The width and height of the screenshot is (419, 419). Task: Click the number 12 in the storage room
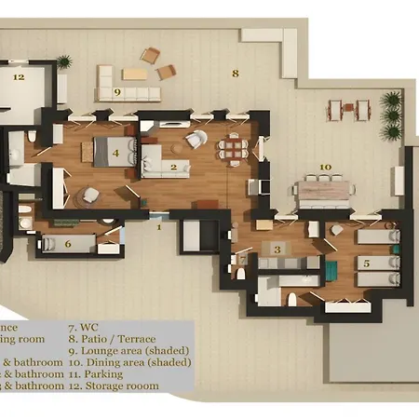(18, 77)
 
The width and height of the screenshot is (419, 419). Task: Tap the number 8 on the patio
(236, 72)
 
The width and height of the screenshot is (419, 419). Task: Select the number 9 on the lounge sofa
(117, 92)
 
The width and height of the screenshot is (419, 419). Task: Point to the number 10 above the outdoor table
(325, 169)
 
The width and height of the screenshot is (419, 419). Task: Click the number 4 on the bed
(115, 152)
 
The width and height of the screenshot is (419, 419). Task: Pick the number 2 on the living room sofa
(173, 168)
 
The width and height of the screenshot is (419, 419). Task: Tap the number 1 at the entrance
(158, 226)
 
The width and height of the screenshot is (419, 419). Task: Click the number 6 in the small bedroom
(68, 244)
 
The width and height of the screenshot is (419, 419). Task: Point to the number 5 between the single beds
(366, 264)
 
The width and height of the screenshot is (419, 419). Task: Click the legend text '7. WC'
(84, 328)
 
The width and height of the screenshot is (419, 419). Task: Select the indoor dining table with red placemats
(234, 148)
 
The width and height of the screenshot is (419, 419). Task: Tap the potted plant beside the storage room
(64, 63)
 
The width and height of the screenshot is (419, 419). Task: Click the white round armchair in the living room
(196, 140)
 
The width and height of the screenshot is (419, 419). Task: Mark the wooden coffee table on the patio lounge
(134, 74)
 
